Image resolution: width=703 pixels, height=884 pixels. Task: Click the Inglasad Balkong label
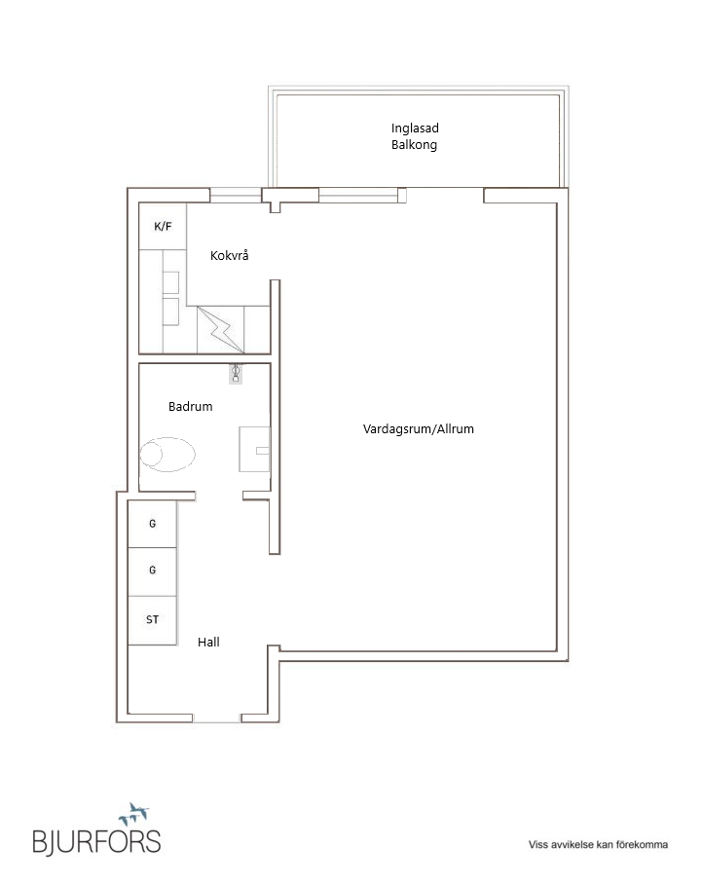point(415,136)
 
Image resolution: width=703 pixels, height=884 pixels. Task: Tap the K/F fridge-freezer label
point(163,227)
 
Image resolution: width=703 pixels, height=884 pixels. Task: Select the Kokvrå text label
point(229,255)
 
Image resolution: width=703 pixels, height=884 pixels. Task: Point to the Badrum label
point(191,407)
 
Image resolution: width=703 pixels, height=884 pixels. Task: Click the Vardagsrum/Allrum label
point(419,429)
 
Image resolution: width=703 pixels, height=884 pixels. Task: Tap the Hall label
point(208,642)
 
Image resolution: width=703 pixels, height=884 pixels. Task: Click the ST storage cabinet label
point(152,619)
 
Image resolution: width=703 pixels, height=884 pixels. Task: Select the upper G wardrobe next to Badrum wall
point(152,524)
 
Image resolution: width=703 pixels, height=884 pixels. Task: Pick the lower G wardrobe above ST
point(152,571)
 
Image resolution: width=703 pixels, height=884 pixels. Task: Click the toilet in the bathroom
point(167,455)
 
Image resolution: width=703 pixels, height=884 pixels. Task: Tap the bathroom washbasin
point(254,450)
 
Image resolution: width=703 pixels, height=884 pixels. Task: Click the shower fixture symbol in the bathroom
point(236,374)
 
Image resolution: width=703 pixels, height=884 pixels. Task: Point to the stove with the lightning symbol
point(220,330)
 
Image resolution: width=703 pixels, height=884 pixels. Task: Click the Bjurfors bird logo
point(133,814)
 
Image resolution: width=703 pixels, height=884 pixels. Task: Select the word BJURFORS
point(96,842)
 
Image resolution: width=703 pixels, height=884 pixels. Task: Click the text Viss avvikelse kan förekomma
point(598,844)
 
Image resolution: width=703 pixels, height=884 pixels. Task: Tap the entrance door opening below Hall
point(217,718)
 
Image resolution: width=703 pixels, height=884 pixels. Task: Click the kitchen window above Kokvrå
point(236,195)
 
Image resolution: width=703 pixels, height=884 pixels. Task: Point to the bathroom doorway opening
point(219,496)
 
